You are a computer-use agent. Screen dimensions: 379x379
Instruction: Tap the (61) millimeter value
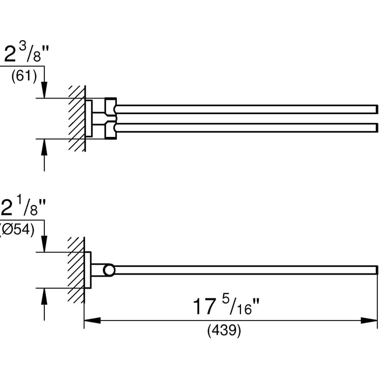point(24,76)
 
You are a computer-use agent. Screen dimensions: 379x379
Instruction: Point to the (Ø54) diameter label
point(17,230)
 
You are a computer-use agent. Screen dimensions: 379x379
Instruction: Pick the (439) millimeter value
point(224,330)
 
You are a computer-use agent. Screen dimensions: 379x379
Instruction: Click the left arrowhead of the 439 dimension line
point(93,321)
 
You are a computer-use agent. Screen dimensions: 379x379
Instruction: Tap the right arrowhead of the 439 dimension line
point(369,321)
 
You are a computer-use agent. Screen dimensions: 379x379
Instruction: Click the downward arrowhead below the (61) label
point(44,90)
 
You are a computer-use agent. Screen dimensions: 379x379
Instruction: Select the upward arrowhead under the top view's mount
point(44,147)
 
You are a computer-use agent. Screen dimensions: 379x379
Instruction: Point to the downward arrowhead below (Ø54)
point(44,244)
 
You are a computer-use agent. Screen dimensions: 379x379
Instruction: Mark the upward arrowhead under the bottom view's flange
point(44,296)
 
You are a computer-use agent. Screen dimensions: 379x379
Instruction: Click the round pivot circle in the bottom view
point(109,270)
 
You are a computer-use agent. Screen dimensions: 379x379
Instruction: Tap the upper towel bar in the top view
point(246,109)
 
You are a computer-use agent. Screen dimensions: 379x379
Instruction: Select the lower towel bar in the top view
point(246,128)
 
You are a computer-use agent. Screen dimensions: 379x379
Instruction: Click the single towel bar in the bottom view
point(245,270)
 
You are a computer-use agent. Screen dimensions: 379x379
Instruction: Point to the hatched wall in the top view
point(77,119)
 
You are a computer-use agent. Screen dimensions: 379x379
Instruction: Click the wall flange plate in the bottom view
point(88,270)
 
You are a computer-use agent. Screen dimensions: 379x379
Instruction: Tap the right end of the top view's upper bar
point(377,109)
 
